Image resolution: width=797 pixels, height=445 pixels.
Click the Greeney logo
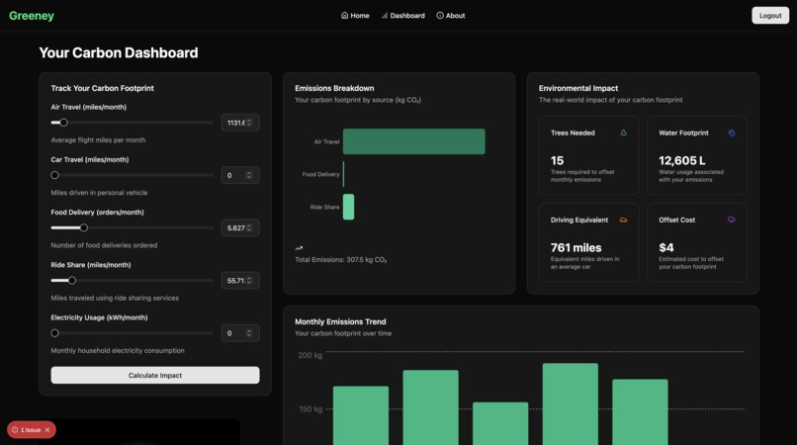(x=32, y=16)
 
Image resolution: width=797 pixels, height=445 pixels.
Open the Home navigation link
(x=355, y=16)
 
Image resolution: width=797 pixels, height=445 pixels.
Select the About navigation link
(x=450, y=16)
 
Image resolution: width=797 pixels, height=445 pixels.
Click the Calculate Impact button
(x=155, y=375)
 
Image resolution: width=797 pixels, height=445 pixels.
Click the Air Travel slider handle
(x=63, y=123)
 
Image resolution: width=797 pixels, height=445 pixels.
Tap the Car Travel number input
(x=235, y=175)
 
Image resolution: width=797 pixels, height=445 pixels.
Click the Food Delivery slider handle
(x=84, y=227)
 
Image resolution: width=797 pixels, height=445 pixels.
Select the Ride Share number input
(x=235, y=281)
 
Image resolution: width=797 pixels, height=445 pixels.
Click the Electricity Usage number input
(x=235, y=333)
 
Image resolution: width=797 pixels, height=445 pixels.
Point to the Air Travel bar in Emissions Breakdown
(x=413, y=141)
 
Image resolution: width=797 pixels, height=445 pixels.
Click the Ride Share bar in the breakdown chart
(x=348, y=207)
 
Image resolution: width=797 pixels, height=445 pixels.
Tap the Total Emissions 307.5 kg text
(x=341, y=260)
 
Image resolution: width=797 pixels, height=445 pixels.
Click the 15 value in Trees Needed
(x=558, y=160)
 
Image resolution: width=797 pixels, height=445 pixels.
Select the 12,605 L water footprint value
(x=682, y=160)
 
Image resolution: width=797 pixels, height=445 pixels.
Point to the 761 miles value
(x=576, y=247)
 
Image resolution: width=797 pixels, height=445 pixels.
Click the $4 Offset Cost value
(x=666, y=247)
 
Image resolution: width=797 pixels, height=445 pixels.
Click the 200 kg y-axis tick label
(x=310, y=355)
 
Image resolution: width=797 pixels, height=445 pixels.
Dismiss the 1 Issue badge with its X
(x=47, y=430)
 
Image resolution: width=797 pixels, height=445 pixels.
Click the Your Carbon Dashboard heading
(x=119, y=52)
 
